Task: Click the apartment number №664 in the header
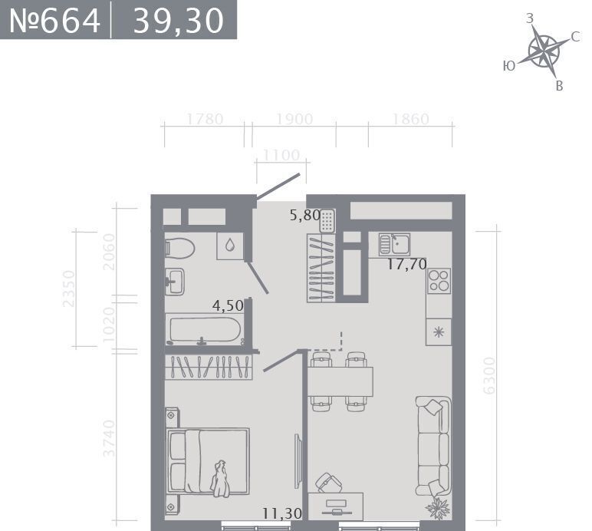54,21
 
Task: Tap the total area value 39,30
179,21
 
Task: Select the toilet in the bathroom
179,248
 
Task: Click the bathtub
205,331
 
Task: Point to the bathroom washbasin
175,282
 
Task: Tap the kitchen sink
394,244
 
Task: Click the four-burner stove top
439,281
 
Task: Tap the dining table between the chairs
340,381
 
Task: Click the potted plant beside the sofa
438,507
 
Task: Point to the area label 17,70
407,264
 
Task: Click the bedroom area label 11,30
282,513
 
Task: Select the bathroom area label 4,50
228,305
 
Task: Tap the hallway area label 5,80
305,215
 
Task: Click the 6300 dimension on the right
489,375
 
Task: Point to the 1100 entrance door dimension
281,155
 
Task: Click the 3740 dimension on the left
109,438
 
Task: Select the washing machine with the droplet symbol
229,246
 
